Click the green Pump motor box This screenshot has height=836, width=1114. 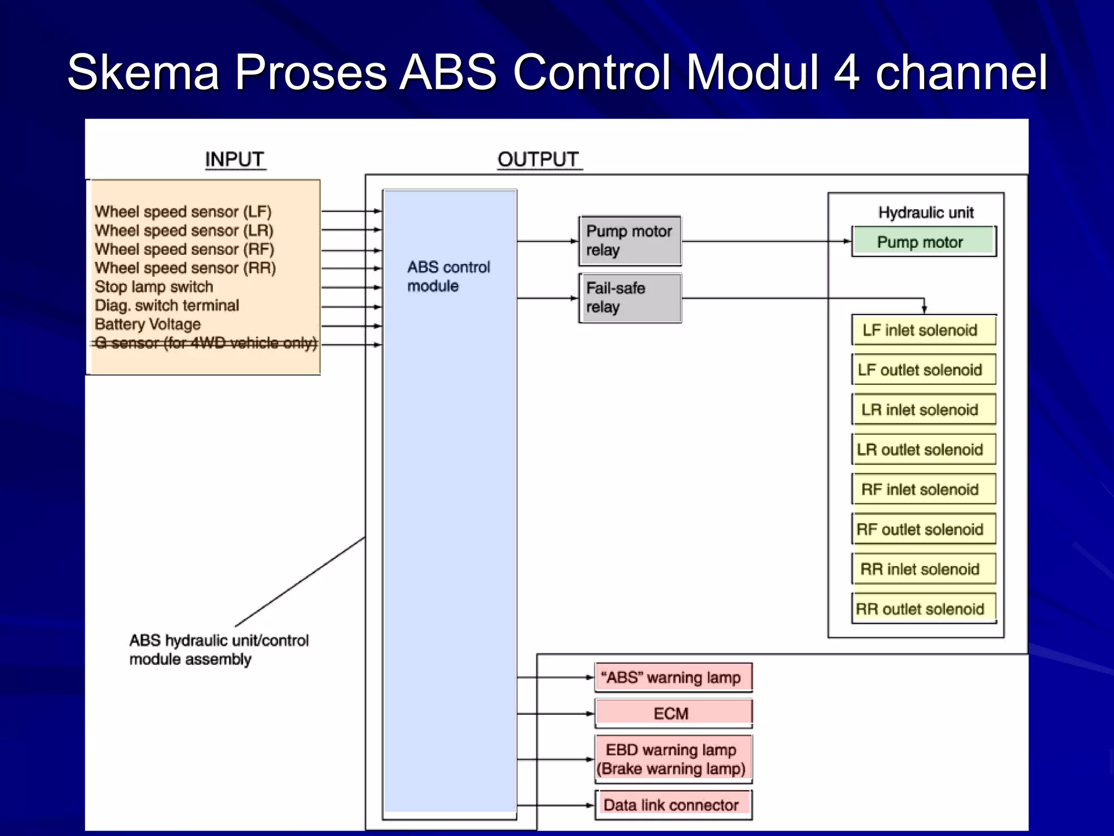pyautogui.click(x=923, y=241)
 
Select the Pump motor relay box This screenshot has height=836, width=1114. pyautogui.click(x=630, y=241)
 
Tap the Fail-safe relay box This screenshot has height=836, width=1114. pyautogui.click(x=630, y=298)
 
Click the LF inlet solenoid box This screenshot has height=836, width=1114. pyautogui.click(x=923, y=330)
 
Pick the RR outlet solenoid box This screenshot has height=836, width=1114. pyautogui.click(x=923, y=608)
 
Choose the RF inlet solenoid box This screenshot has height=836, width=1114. pyautogui.click(x=923, y=489)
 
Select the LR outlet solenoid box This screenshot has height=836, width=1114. pyautogui.click(x=923, y=450)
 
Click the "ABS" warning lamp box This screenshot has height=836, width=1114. pyautogui.click(x=673, y=678)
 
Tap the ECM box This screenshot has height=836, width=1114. pyautogui.click(x=673, y=713)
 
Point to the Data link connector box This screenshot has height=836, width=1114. pyautogui.click(x=673, y=804)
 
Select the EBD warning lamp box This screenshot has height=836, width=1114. pyautogui.click(x=673, y=759)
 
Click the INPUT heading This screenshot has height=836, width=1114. pyautogui.click(x=234, y=159)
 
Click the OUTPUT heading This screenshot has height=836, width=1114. pyautogui.click(x=538, y=159)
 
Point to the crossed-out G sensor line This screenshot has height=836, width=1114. pyautogui.click(x=206, y=343)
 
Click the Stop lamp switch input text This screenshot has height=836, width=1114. pyautogui.click(x=154, y=287)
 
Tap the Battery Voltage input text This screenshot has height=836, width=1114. pyautogui.click(x=147, y=324)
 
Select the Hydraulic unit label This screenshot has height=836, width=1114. pyautogui.click(x=926, y=212)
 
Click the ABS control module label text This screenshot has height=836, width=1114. pyautogui.click(x=448, y=276)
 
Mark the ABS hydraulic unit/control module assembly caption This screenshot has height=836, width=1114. pyautogui.click(x=219, y=649)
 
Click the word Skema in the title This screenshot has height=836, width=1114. pyautogui.click(x=143, y=72)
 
